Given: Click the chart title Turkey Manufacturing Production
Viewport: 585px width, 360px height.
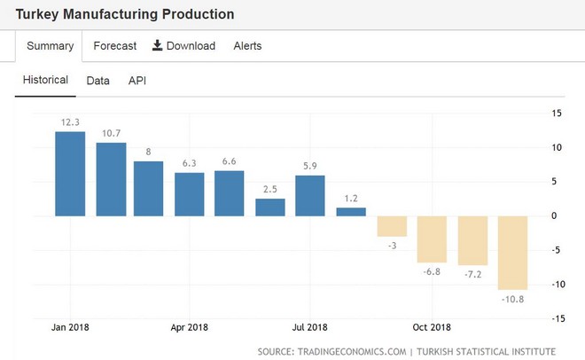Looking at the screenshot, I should pyautogui.click(x=125, y=15).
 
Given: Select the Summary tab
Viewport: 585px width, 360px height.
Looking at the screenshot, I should pyautogui.click(x=49, y=46).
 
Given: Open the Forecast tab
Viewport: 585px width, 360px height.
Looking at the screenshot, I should pyautogui.click(x=115, y=46).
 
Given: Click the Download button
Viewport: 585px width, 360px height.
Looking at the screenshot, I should pyautogui.click(x=183, y=46).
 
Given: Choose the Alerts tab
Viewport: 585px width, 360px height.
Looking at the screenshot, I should pyautogui.click(x=247, y=46).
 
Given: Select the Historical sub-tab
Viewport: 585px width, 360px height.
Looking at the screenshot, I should pyautogui.click(x=45, y=80).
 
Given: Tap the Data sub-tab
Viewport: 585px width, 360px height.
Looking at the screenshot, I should pyautogui.click(x=98, y=81).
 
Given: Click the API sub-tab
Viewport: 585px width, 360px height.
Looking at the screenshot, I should pyautogui.click(x=137, y=81).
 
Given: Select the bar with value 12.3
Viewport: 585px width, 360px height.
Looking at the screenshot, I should pyautogui.click(x=70, y=174).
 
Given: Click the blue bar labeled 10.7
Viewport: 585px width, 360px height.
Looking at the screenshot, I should pyautogui.click(x=111, y=179).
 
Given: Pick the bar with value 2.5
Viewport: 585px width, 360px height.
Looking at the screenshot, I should pyautogui.click(x=270, y=207).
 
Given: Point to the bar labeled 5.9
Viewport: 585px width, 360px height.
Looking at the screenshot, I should pyautogui.click(x=310, y=196).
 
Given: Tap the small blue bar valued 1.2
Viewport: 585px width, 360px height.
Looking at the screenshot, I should pyautogui.click(x=351, y=212).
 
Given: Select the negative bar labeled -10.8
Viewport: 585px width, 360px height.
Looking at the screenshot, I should pyautogui.click(x=513, y=253).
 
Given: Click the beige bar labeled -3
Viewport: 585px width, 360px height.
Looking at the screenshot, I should pyautogui.click(x=392, y=226).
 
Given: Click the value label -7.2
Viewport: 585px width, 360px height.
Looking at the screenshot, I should pyautogui.click(x=472, y=275).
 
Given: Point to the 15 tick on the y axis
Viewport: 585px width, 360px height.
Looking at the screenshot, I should pyautogui.click(x=557, y=113).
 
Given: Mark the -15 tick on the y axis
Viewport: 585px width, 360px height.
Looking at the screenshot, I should pyautogui.click(x=556, y=318).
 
